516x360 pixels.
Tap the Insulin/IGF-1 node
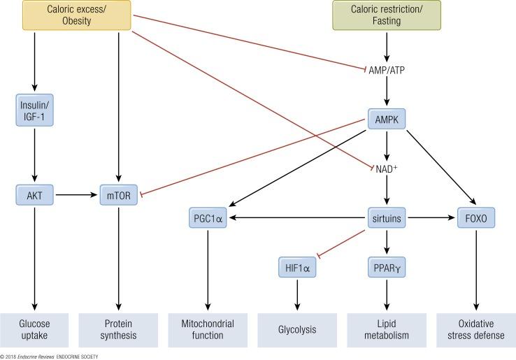point(34,110)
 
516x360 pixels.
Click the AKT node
point(34,196)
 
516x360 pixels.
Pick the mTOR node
point(118,196)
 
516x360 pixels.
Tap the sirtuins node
point(387,218)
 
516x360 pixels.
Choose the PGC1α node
point(209,218)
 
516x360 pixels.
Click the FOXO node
point(476,218)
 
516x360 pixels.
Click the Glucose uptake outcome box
point(34,329)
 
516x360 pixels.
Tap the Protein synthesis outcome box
point(118,329)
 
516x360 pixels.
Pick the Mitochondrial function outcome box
point(209,329)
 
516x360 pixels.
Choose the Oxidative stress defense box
point(476,329)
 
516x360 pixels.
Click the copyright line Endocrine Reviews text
point(38,357)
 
